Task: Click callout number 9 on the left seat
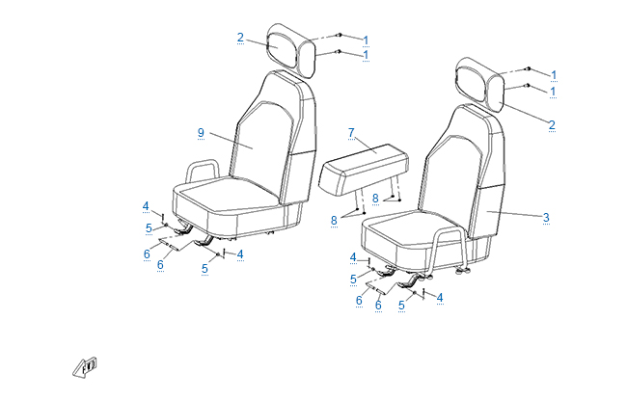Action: [201, 133]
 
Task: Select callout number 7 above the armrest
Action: [351, 132]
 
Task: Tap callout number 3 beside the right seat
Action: [546, 218]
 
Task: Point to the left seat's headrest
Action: [290, 50]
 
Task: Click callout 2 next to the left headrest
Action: [240, 38]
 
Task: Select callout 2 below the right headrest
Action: [552, 124]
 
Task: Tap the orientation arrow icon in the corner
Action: [85, 367]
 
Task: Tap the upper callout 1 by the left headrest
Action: [366, 40]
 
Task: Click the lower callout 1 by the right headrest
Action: [553, 92]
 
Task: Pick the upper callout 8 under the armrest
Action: [375, 198]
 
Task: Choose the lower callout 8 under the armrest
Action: [334, 220]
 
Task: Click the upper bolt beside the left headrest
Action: [340, 35]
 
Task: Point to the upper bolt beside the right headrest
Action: [529, 69]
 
